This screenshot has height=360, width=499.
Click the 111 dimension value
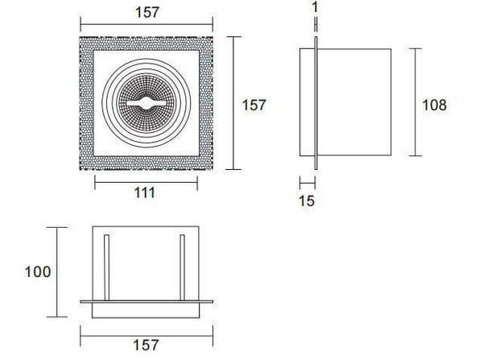tap(145, 193)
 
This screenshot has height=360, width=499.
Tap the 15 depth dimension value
tap(307, 201)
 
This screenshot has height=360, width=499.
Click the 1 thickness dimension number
tap(315, 9)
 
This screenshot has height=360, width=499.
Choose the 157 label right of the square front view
tap(254, 104)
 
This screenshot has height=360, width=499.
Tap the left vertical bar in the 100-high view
tap(105, 266)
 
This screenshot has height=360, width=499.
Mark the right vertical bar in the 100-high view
tap(184, 266)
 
